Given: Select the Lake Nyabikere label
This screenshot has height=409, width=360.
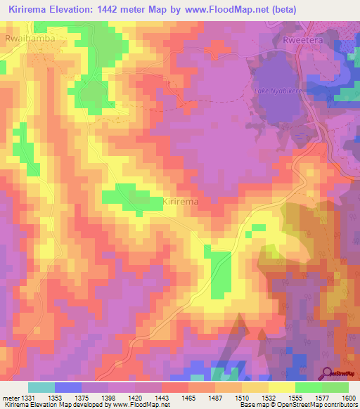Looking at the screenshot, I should [x=276, y=92].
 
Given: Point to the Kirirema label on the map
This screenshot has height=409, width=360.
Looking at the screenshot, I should [x=181, y=201].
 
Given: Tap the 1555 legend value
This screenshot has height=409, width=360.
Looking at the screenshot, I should [x=281, y=398].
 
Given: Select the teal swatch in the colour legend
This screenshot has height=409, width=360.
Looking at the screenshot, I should [x=41, y=387].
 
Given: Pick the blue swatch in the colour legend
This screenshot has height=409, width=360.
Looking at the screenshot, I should [x=68, y=387].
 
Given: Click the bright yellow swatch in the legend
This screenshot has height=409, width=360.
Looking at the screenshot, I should [x=281, y=387].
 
